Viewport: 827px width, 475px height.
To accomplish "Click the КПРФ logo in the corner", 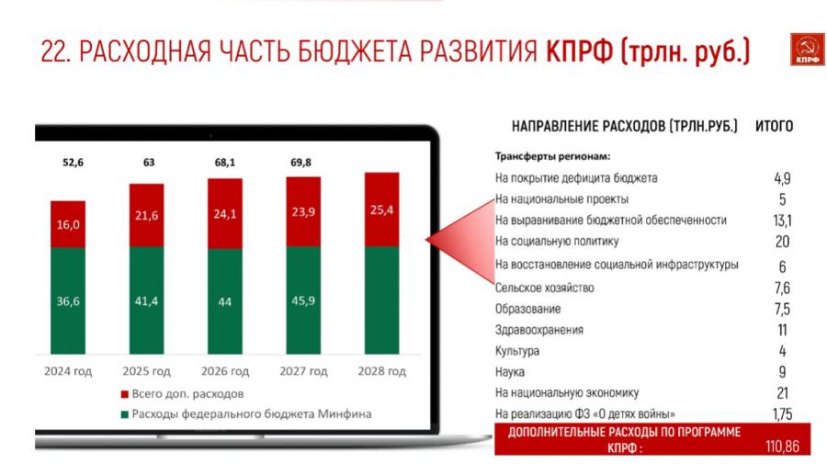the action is [x=807, y=50].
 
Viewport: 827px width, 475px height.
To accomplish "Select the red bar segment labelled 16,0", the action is [x=68, y=224].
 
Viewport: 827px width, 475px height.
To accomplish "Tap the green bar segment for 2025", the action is [x=147, y=300].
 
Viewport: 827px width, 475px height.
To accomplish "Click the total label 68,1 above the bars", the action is [x=225, y=163].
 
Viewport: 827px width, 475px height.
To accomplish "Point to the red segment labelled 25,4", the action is [x=382, y=209].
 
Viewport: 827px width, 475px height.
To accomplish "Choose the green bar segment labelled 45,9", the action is [x=303, y=300].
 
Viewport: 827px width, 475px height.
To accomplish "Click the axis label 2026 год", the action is [x=225, y=371].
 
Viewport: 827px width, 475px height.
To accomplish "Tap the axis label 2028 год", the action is [x=382, y=371].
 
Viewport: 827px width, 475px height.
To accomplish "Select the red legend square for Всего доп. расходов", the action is [x=124, y=394].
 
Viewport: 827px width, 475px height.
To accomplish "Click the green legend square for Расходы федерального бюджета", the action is [x=124, y=414].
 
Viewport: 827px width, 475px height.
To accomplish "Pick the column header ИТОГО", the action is [x=775, y=127].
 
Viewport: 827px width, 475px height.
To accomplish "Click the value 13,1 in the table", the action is [x=782, y=221].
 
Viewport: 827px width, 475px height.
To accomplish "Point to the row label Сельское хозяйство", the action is [x=544, y=288].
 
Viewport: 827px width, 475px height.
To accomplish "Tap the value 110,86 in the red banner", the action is [x=782, y=447].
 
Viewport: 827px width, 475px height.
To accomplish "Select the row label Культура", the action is [x=516, y=351].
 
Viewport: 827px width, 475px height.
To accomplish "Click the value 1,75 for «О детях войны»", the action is [x=783, y=414].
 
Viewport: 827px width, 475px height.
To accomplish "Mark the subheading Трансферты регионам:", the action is [x=552, y=156].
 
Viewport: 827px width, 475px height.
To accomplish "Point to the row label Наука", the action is [x=509, y=372].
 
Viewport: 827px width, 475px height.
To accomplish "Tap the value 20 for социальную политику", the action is [x=782, y=242].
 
